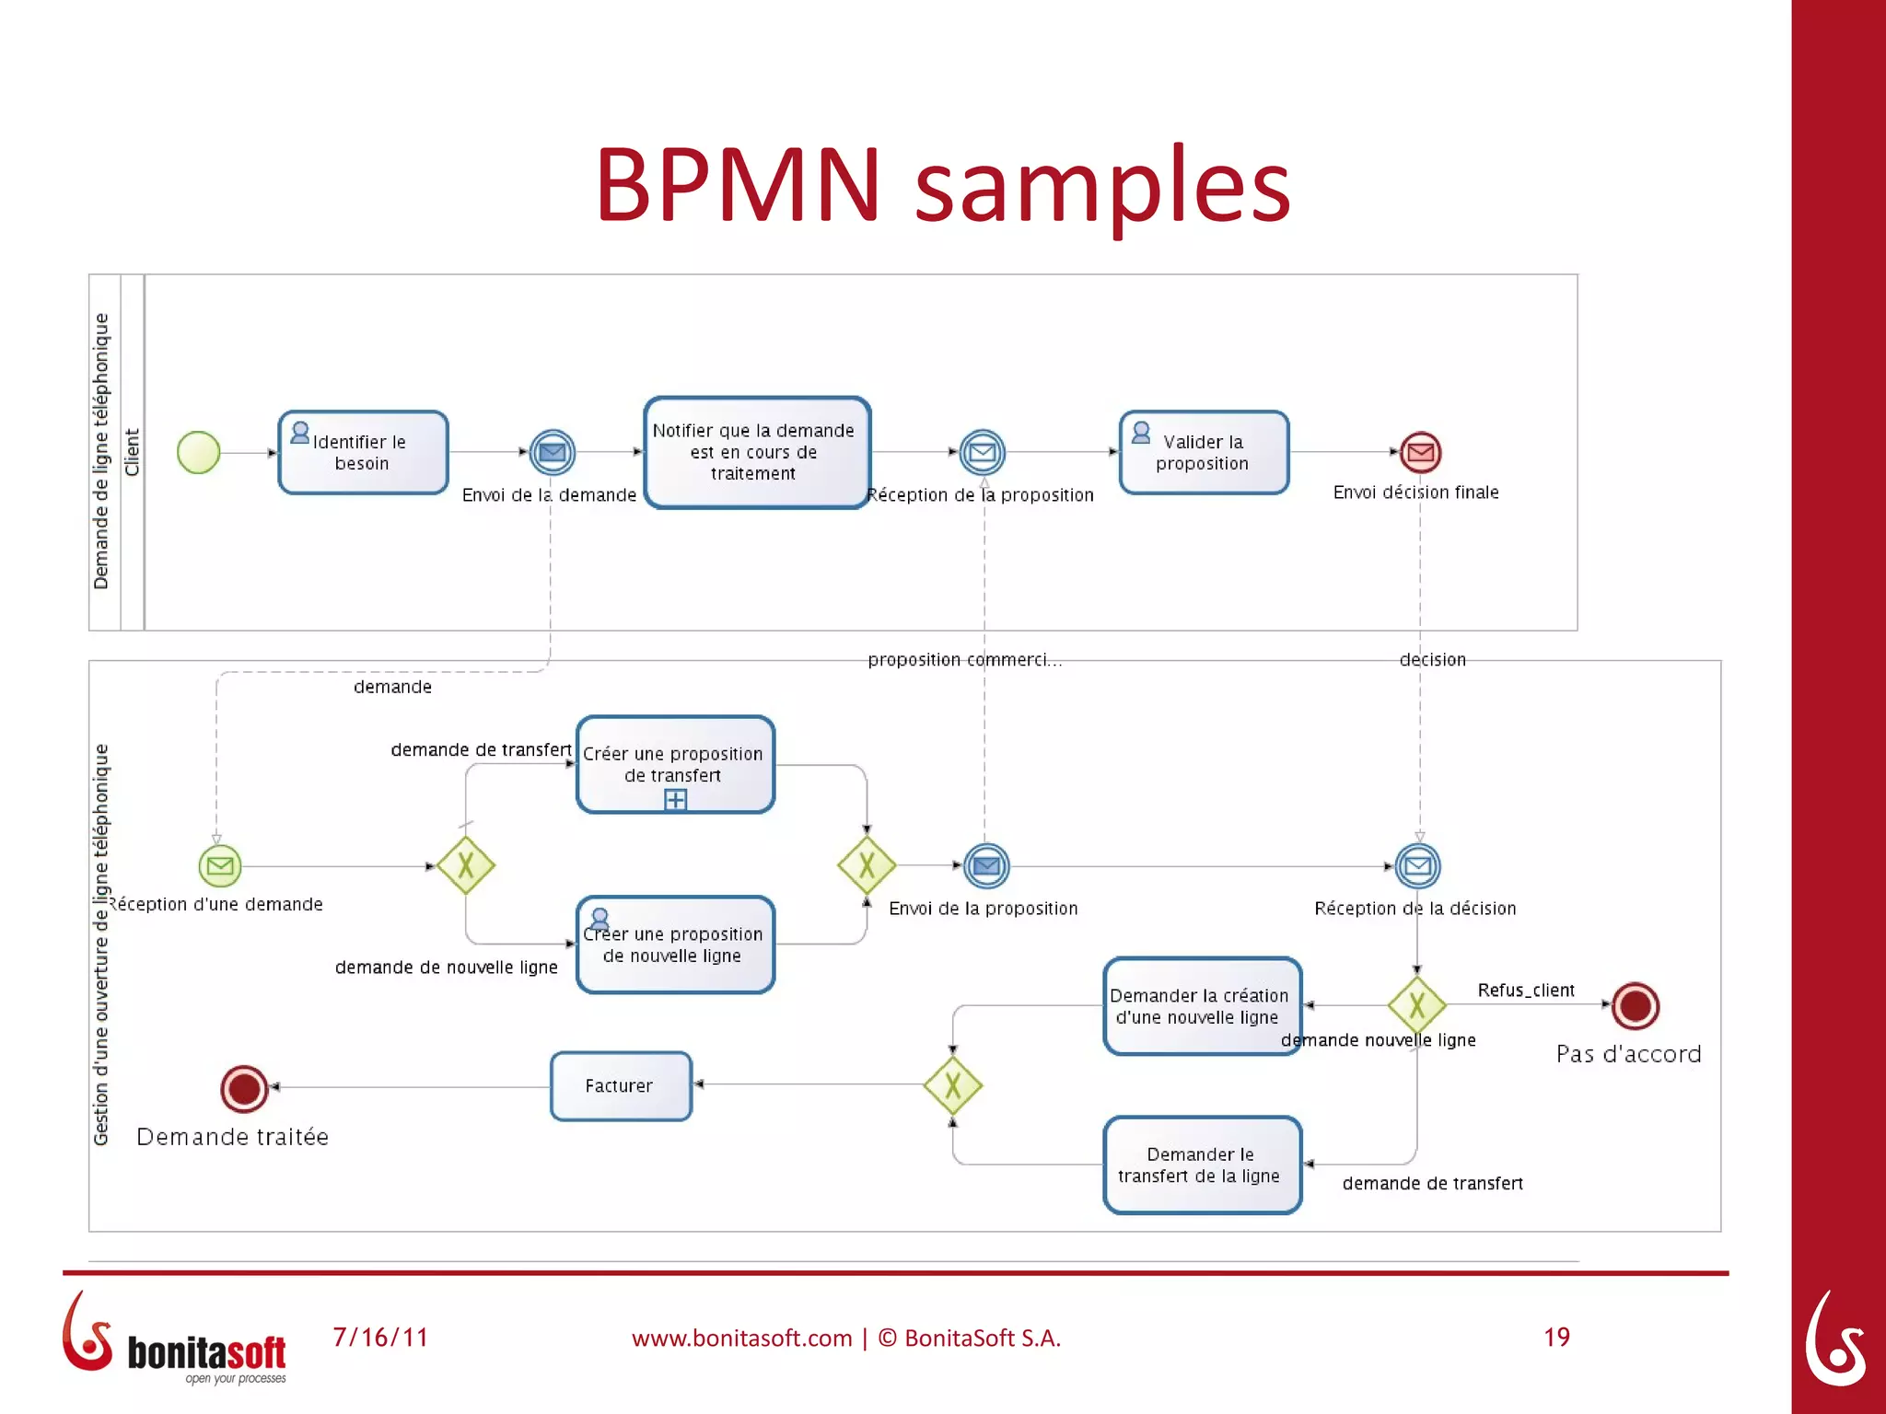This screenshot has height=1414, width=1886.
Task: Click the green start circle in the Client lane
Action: coord(198,452)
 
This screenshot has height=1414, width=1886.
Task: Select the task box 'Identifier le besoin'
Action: coord(363,452)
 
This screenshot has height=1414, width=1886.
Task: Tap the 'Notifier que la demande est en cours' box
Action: coord(756,452)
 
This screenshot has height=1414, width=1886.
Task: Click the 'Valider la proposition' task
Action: coord(1204,452)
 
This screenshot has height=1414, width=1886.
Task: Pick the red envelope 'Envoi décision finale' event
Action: coord(1420,452)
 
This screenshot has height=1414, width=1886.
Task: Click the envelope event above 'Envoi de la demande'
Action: coord(552,452)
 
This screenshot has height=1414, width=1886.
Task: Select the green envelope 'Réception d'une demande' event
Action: coord(219,865)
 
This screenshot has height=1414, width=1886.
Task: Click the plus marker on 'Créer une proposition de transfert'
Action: coord(675,800)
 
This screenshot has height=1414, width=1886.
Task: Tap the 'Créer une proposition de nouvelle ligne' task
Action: coord(675,945)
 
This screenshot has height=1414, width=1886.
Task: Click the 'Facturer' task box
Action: coord(621,1086)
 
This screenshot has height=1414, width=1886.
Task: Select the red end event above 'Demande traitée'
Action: coord(244,1089)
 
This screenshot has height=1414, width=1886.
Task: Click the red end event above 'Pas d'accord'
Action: coord(1636,1005)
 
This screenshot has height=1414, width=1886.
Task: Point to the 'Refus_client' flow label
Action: coord(1525,991)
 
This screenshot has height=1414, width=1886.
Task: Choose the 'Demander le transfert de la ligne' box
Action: coord(1202,1165)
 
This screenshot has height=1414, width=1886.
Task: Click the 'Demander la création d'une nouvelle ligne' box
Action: coord(1202,1006)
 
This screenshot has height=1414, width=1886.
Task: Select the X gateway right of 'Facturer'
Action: coord(952,1086)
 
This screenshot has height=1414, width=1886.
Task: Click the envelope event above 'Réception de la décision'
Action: coord(1418,865)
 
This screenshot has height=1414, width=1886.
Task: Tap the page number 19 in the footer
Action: coord(1556,1337)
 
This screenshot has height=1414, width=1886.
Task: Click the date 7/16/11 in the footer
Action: coord(380,1337)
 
